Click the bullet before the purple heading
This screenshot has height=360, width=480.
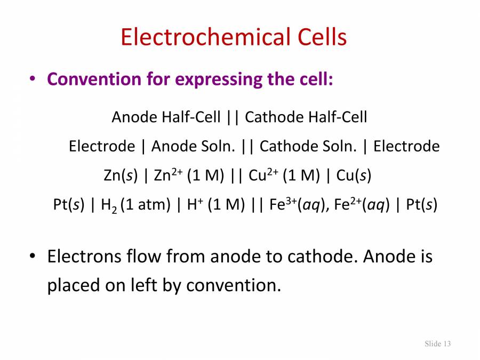click(x=33, y=79)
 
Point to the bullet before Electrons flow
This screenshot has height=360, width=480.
click(x=33, y=257)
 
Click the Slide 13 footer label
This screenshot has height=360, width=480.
click(x=437, y=343)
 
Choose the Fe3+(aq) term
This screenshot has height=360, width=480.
click(x=299, y=205)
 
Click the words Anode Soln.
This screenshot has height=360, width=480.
click(x=193, y=146)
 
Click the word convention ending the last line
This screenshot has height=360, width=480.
click(x=233, y=285)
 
